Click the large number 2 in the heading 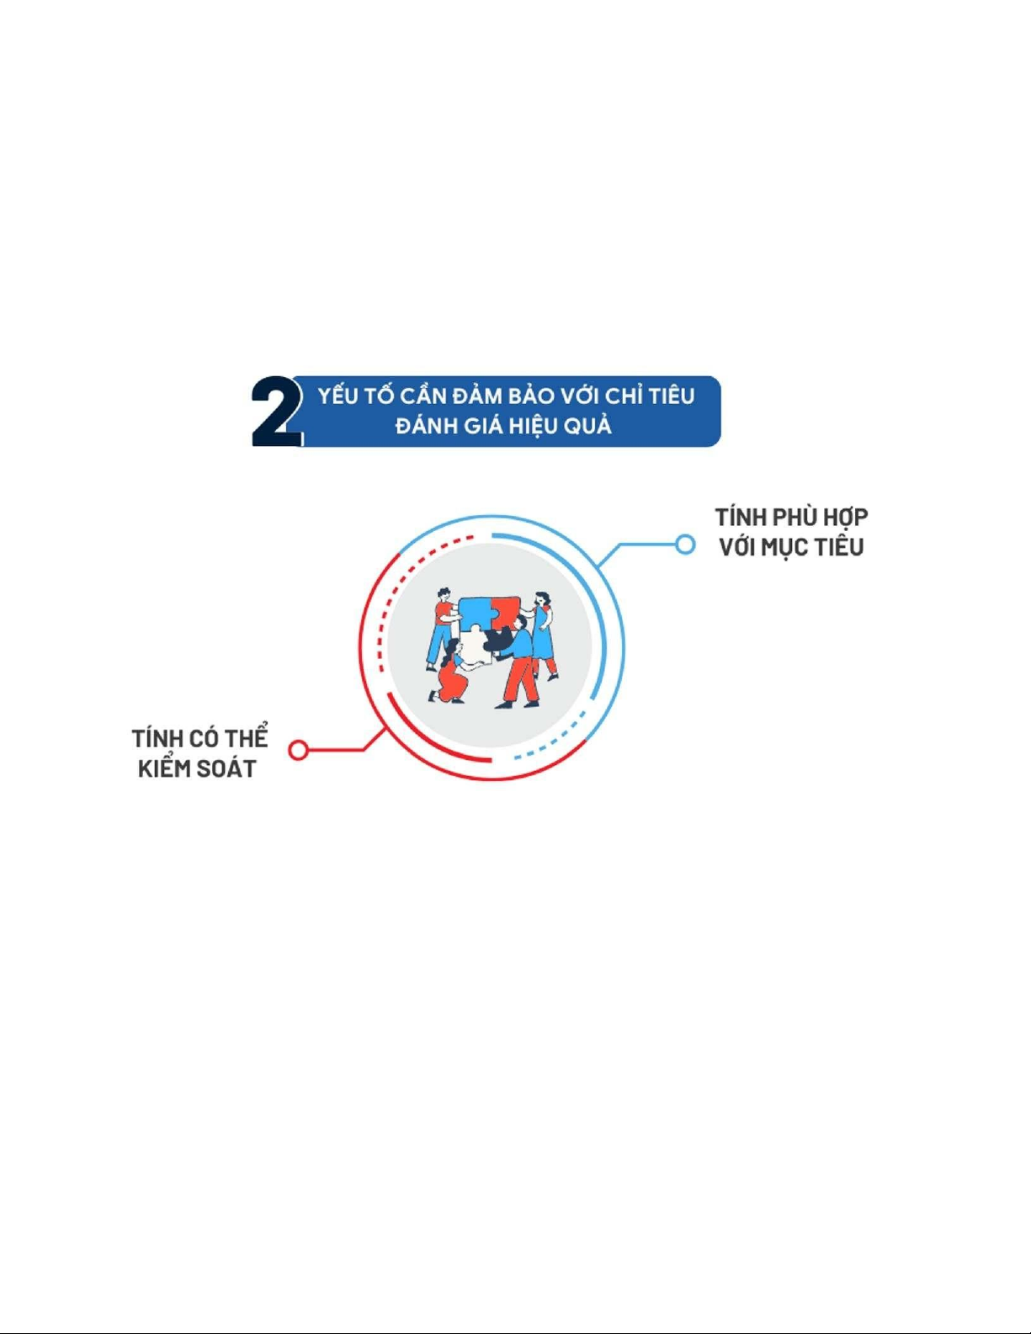[x=277, y=412]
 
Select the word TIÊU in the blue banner [x=671, y=396]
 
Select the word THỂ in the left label [x=246, y=737]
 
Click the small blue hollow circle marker [x=685, y=545]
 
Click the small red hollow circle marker [x=298, y=750]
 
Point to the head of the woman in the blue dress [x=542, y=598]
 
